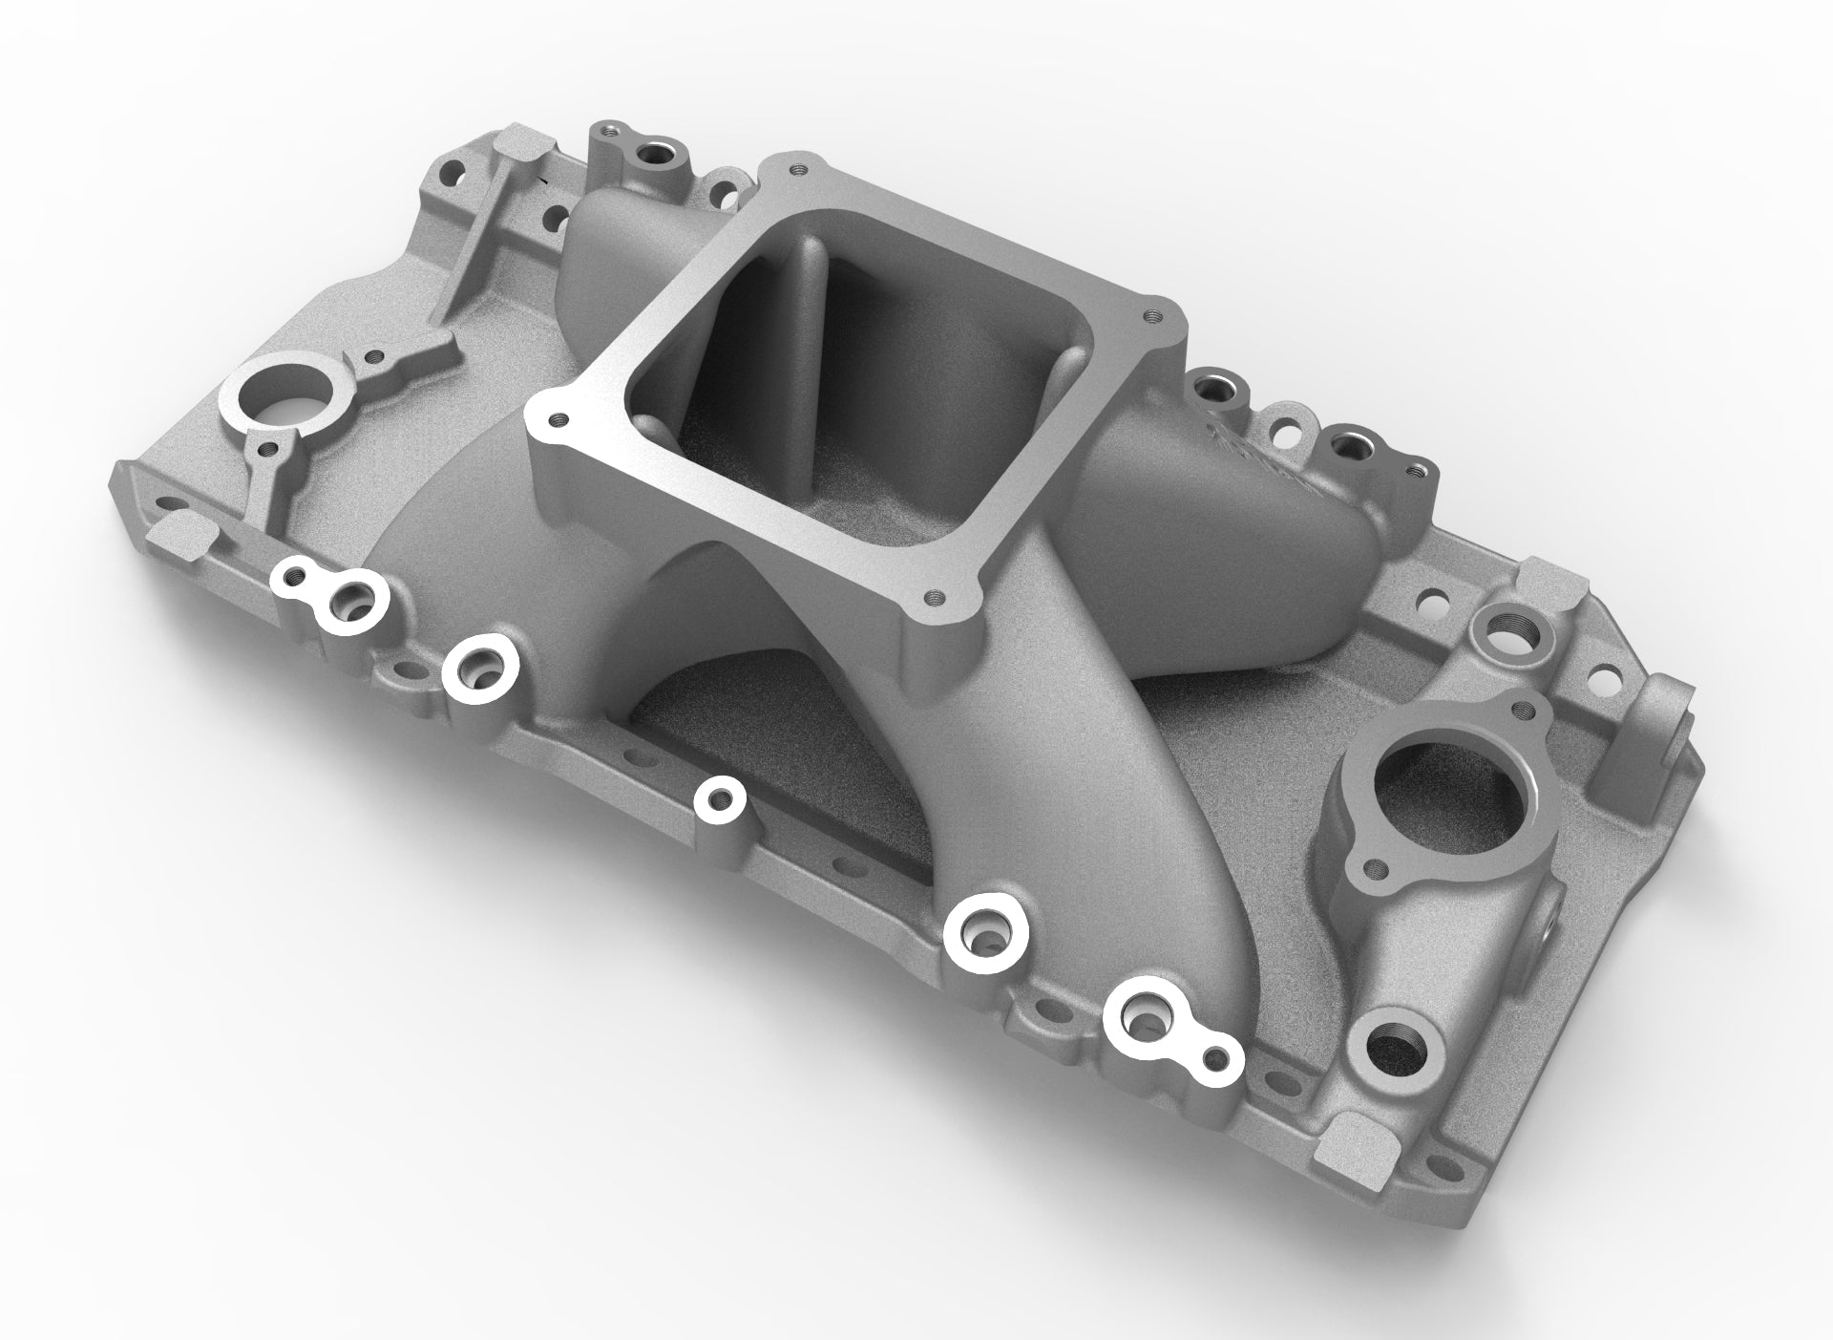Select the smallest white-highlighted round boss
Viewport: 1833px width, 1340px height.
[719, 798]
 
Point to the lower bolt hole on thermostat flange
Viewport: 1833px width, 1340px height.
[1375, 868]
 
